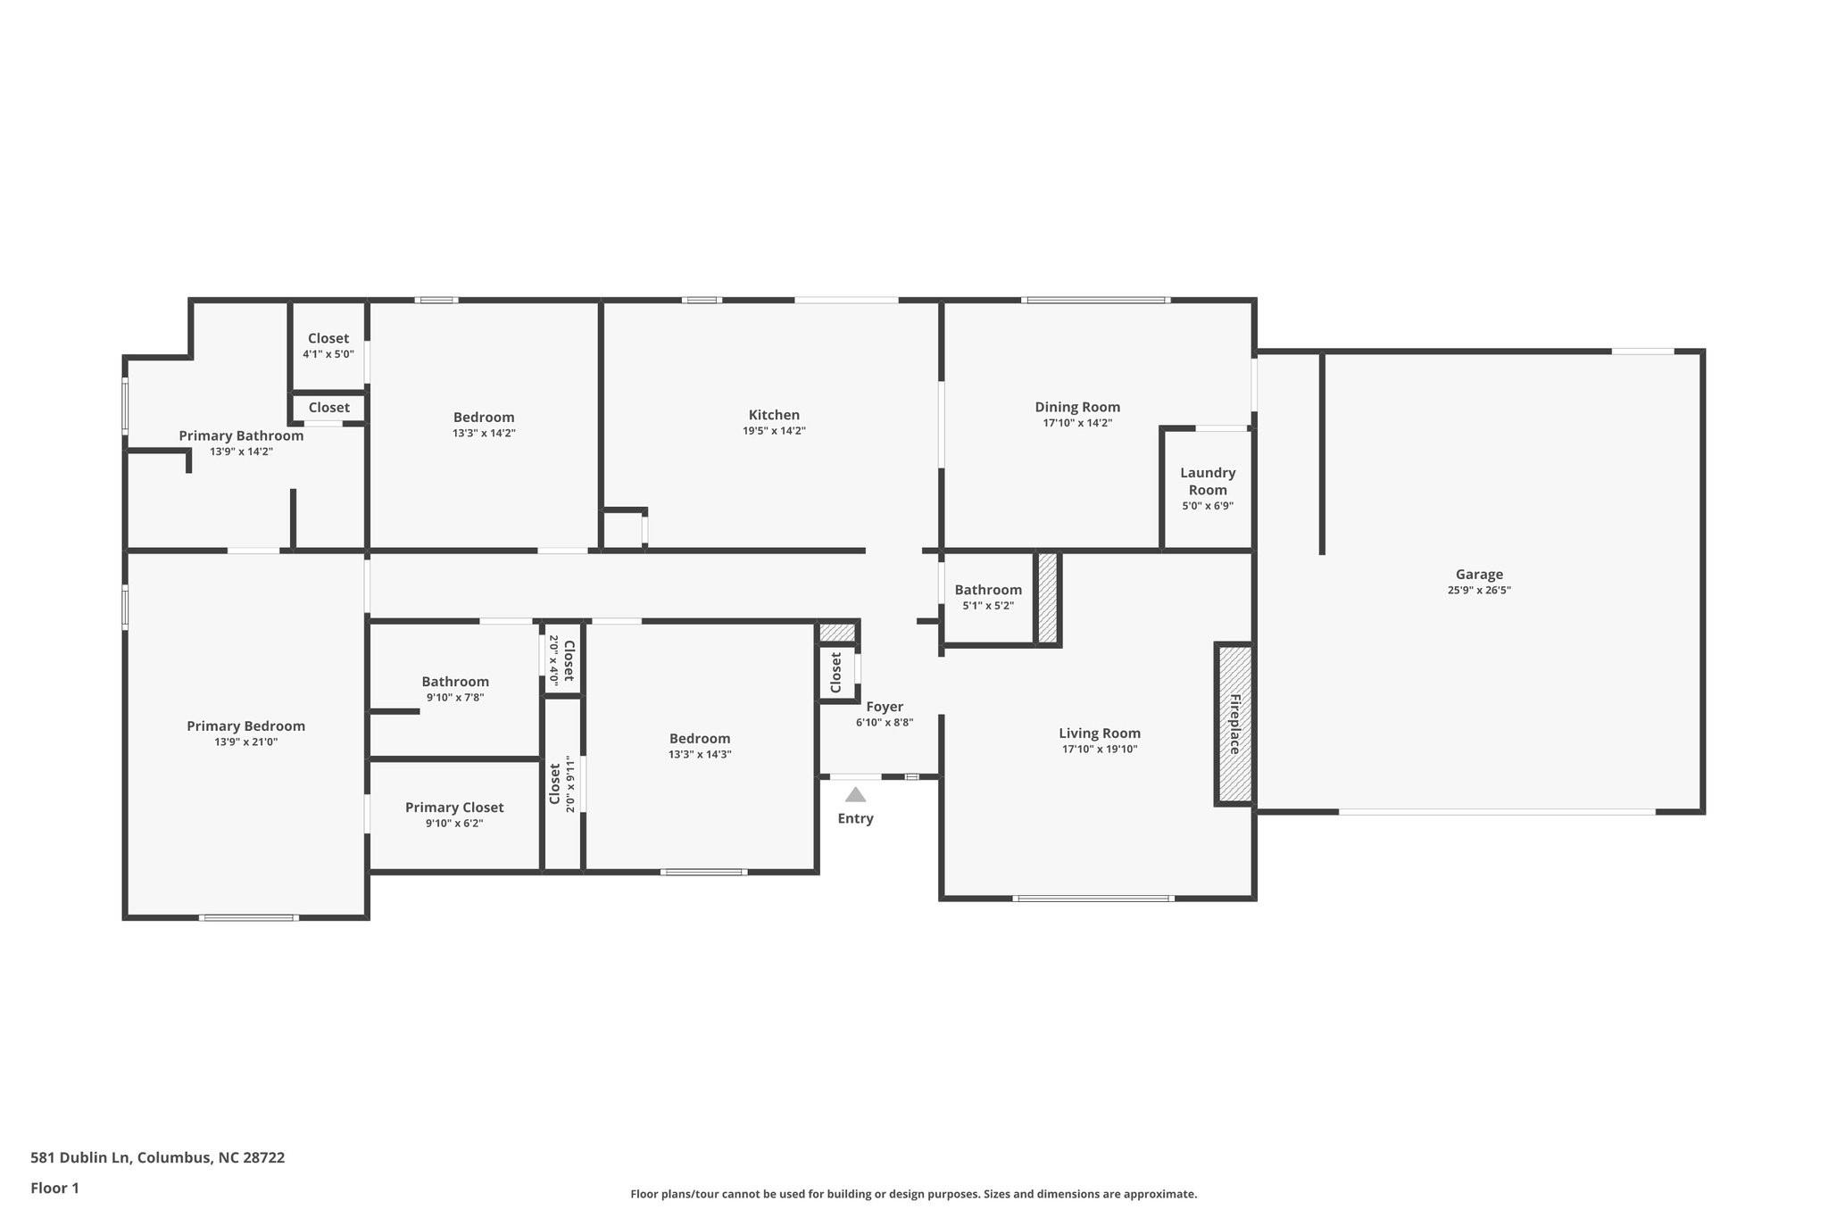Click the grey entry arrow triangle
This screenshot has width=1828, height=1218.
(855, 794)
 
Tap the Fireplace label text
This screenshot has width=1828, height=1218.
(1235, 724)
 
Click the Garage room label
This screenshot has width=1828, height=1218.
(1479, 575)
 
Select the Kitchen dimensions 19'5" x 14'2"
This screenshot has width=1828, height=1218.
(774, 431)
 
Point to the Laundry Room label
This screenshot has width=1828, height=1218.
(1208, 481)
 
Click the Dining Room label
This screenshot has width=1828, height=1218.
(1077, 407)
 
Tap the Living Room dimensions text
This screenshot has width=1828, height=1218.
(1100, 750)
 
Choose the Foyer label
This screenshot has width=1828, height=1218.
(885, 707)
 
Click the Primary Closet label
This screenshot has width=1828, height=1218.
(454, 808)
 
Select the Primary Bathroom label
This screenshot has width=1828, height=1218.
(241, 435)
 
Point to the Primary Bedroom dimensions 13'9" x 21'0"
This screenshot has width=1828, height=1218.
(245, 742)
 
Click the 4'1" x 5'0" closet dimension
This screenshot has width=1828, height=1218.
(328, 354)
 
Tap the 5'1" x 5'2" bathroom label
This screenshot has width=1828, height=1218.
(988, 606)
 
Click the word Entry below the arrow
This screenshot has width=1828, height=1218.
(855, 819)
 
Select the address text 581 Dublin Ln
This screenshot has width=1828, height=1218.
(79, 1157)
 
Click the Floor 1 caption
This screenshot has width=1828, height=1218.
(54, 1188)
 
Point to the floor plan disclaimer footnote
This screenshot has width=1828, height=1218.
(914, 1194)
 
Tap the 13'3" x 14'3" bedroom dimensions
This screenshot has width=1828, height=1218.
(700, 755)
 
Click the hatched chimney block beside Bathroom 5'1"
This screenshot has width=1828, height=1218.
(1048, 597)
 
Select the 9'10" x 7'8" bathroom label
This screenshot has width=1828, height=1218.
(455, 698)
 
